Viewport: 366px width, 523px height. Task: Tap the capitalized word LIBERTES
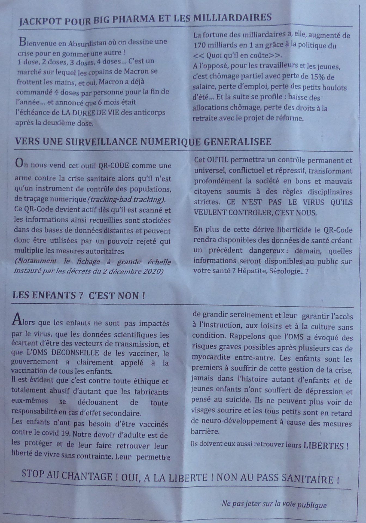tap(324, 446)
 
